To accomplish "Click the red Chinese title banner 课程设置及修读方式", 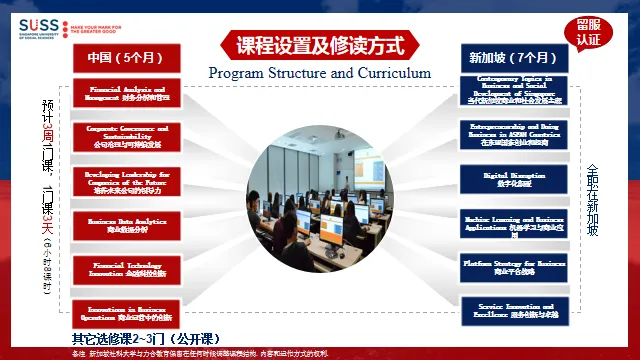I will tap(319, 44).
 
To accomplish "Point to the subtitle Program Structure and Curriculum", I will tap(319, 73).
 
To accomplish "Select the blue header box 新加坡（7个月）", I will tap(514, 58).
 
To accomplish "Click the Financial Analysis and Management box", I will tap(126, 94).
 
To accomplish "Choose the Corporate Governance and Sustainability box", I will tap(126, 137).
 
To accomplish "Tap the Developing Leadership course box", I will tap(126, 181).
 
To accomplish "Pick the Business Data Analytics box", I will tap(126, 224).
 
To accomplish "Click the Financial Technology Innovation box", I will tap(126, 268).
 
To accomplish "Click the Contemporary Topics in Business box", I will tap(514, 90).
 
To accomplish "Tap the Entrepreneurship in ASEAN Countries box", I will tap(514, 134).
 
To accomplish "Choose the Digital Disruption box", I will tap(514, 178).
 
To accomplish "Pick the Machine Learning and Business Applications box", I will tap(514, 222).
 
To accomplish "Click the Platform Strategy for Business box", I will tap(514, 266).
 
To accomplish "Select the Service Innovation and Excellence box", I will tap(514, 310).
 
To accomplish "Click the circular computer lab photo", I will tap(319, 204).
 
